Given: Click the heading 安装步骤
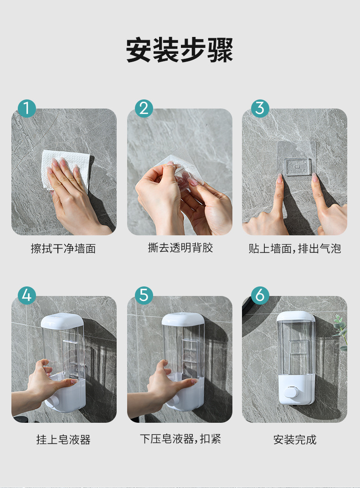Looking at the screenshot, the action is point(180,50).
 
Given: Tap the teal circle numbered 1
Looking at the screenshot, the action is point(27,108).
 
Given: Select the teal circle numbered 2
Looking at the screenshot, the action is point(144,108).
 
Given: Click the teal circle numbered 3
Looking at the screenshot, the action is point(260,108).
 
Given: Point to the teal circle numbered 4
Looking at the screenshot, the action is point(27,296).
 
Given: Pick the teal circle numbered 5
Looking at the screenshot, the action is point(144,296).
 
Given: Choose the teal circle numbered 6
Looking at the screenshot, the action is point(260,296).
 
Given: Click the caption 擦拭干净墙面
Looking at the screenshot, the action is point(63,249).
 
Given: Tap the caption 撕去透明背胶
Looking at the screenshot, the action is point(180,248).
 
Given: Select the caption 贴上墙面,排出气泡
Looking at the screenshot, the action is point(295,249).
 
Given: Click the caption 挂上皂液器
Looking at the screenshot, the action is point(63,440).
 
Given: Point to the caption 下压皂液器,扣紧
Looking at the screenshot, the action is point(180,439).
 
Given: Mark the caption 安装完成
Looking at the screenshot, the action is point(295,440).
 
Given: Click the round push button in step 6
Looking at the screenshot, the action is point(291,393).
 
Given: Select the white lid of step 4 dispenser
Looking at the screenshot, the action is point(62,320).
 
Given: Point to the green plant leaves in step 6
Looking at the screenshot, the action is point(341,332).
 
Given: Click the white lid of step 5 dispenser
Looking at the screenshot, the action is point(183,319).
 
